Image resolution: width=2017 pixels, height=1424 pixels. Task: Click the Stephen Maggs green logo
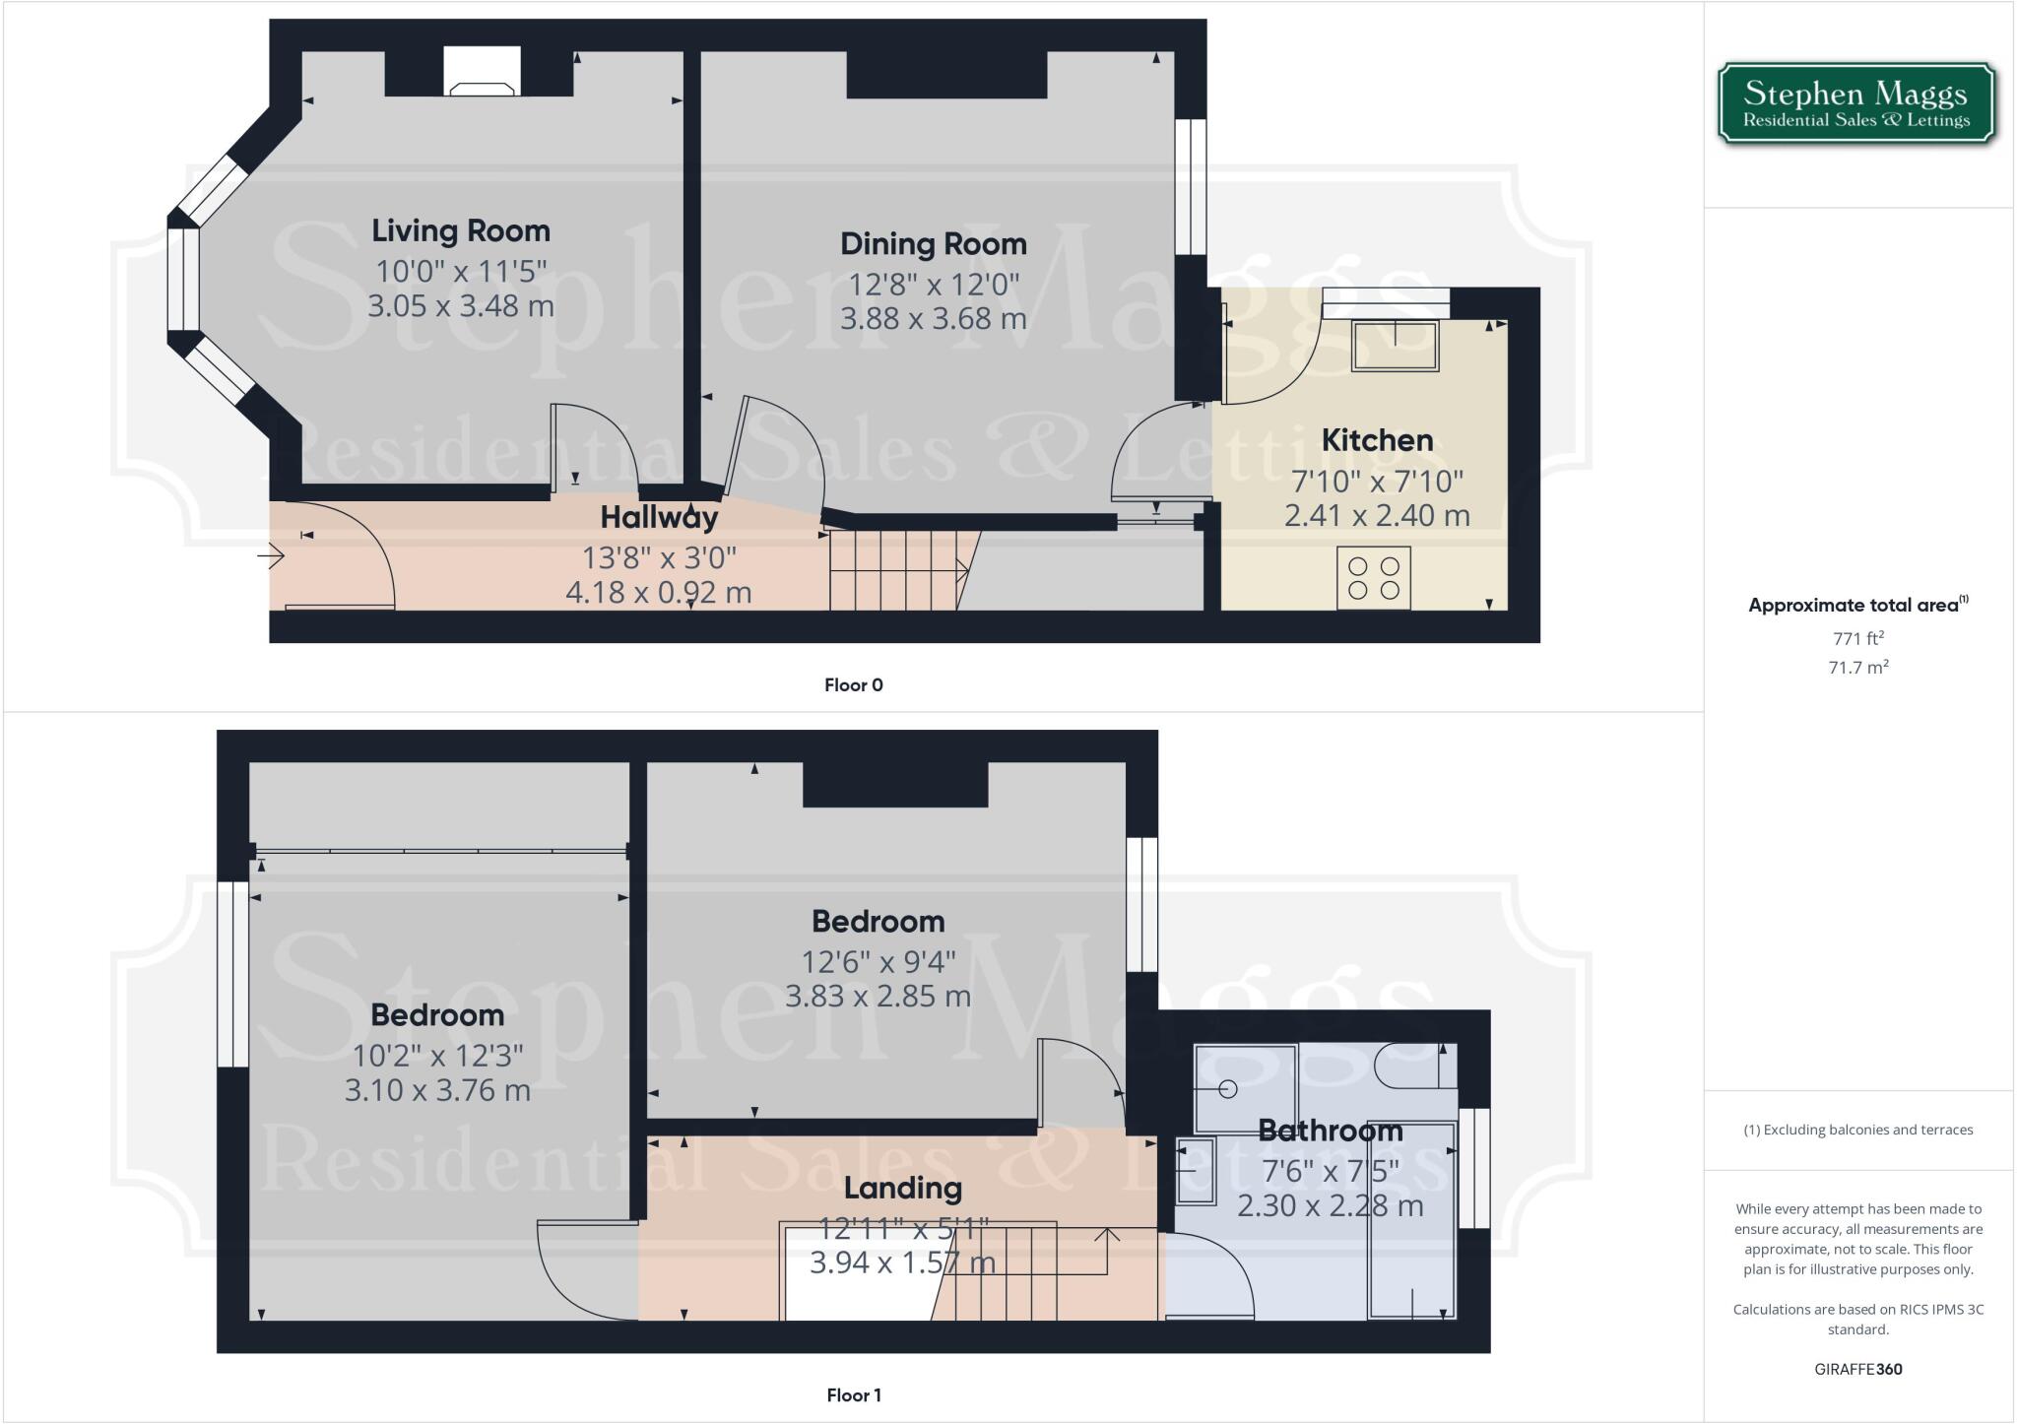click(1855, 104)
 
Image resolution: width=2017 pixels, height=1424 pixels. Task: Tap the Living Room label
click(461, 230)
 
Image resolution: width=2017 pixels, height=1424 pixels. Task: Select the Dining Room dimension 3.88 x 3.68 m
click(933, 319)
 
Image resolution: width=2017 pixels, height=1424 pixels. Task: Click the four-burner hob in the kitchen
click(1374, 578)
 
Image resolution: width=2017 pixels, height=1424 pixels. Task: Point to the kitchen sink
click(1395, 346)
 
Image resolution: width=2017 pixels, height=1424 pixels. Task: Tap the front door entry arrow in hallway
click(272, 557)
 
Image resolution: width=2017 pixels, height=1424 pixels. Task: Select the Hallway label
click(659, 517)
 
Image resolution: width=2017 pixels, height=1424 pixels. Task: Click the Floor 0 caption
click(853, 685)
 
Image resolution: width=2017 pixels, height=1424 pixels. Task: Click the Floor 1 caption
click(853, 1395)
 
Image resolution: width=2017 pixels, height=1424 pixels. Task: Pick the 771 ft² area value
click(1857, 638)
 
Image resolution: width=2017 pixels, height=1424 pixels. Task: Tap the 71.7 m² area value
click(1857, 668)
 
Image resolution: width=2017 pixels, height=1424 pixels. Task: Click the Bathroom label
click(1330, 1131)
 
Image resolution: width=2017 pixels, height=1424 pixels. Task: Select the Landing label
click(902, 1189)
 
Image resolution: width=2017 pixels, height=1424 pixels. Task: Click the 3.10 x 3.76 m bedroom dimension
click(437, 1091)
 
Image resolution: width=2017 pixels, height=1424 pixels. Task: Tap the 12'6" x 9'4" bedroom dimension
click(878, 961)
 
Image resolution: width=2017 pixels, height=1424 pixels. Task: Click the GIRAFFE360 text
click(1857, 1370)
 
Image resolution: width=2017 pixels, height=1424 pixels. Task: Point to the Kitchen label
click(1376, 440)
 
